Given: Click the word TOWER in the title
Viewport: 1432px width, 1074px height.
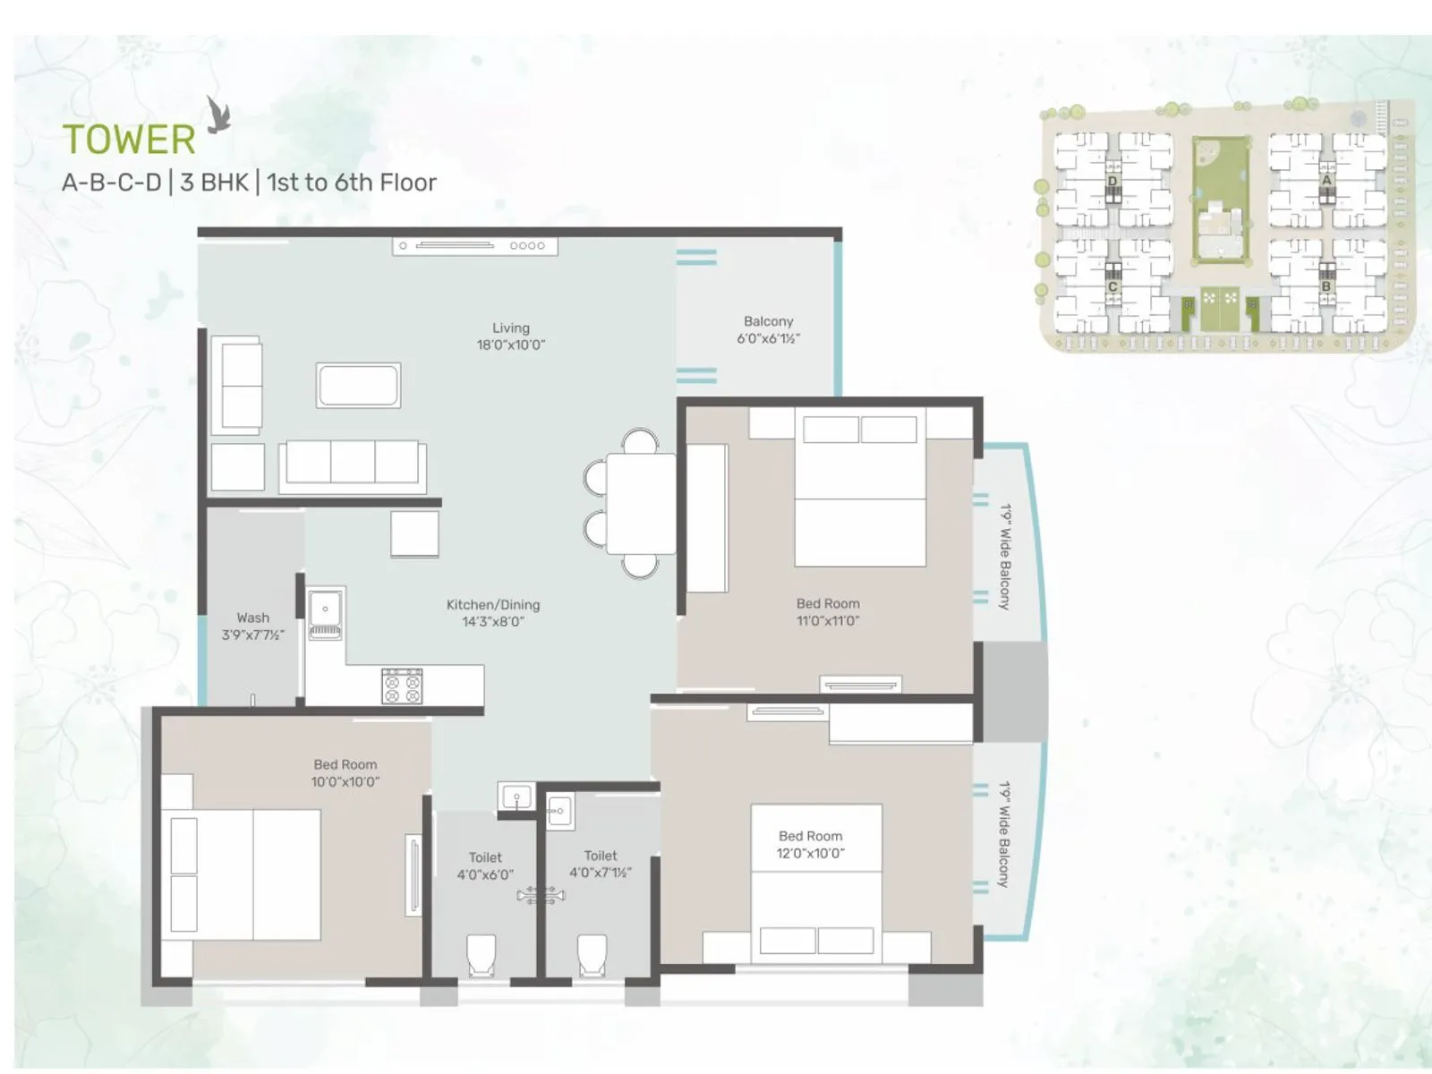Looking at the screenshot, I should (129, 140).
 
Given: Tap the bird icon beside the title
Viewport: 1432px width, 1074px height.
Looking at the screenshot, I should (217, 115).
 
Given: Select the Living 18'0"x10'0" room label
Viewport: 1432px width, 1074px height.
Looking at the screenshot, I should (510, 336).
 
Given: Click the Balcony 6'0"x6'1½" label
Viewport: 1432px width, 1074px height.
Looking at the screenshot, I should (768, 329).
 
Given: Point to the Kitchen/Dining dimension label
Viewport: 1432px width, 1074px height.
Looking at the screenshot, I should (493, 613).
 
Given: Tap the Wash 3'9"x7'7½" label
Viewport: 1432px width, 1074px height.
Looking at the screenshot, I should (252, 626).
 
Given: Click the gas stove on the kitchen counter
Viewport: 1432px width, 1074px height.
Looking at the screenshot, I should (402, 686).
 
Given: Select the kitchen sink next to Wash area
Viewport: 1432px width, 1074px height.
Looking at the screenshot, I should (325, 613).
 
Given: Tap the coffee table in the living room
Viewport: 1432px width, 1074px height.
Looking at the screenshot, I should (358, 386).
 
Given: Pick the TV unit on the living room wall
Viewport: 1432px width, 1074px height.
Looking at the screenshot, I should (474, 245).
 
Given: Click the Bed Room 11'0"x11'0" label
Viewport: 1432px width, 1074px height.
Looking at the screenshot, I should (828, 611).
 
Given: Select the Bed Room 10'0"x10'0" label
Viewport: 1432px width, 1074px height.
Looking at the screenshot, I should (345, 772).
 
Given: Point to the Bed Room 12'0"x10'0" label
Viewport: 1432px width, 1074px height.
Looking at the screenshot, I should (810, 844).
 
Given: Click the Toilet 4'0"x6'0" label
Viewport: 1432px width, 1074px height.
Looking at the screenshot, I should (485, 865).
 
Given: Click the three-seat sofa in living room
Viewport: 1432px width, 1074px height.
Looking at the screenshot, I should (352, 464).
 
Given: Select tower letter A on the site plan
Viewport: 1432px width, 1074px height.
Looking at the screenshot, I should (1326, 180).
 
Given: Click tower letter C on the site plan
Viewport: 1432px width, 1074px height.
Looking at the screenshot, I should (1112, 287).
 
